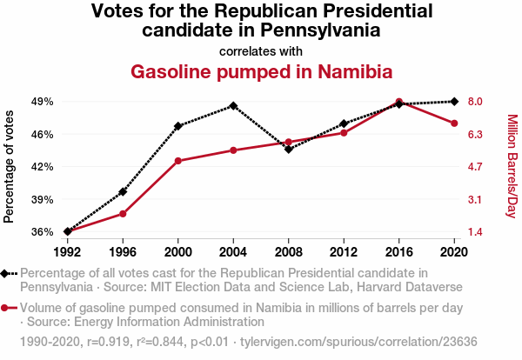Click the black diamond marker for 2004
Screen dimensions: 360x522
[233, 106]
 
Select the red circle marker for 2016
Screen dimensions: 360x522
[399, 102]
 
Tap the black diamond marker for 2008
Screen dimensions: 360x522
[289, 150]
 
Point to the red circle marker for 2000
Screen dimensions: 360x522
[178, 161]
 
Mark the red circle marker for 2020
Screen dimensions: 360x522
[454, 123]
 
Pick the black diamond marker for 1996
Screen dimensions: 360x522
[123, 191]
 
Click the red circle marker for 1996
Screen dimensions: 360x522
[123, 213]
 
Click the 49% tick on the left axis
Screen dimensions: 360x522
[43, 102]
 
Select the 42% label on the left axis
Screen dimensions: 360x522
[43, 166]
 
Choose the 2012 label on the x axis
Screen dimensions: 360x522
[344, 252]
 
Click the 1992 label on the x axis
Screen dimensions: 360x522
[67, 252]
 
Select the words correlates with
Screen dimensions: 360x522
[261, 50]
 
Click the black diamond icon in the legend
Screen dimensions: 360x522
[9, 273]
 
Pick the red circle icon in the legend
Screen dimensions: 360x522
[9, 308]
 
